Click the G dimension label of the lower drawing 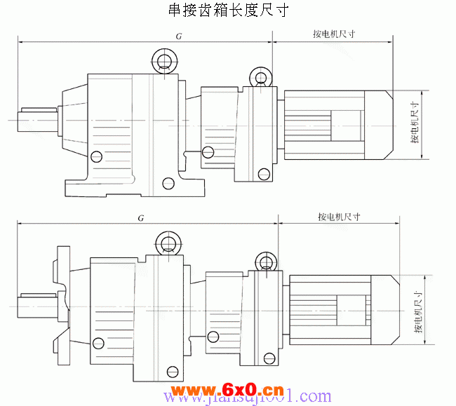141,219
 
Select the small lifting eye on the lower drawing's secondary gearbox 265,262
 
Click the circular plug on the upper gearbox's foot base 168,184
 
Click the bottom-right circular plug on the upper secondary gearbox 263,173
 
